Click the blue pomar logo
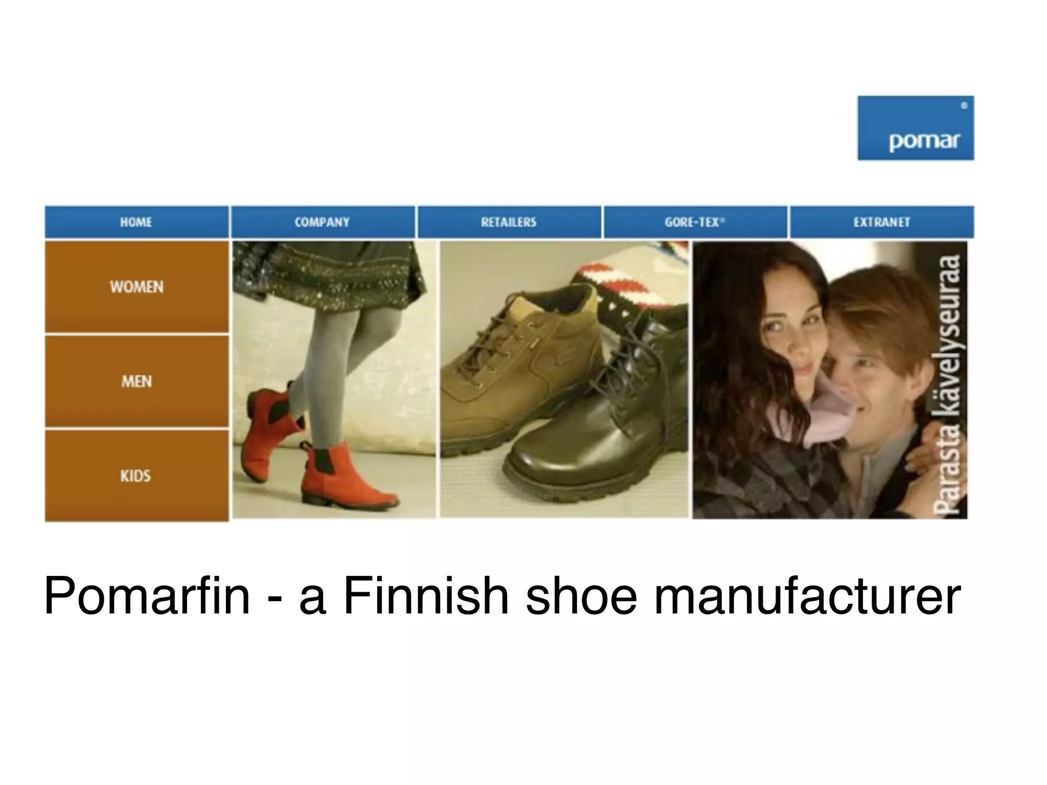click(915, 128)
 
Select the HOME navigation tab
click(136, 222)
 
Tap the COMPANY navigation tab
click(322, 222)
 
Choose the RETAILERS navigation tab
click(509, 222)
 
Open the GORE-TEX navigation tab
click(695, 222)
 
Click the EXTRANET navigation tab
click(881, 222)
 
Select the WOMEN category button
click(136, 287)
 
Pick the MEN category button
click(136, 381)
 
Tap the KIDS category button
click(136, 476)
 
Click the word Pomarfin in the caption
click(147, 596)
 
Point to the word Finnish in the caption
click(426, 596)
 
